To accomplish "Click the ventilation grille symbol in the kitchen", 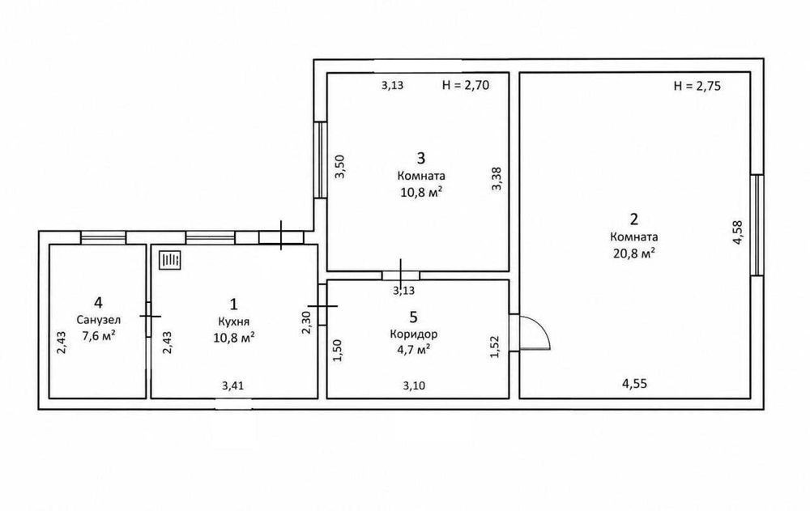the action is pyautogui.click(x=170, y=260).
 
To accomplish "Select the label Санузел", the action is pyautogui.click(x=99, y=320).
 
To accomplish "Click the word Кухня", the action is pyautogui.click(x=234, y=322).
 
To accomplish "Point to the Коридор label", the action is pyautogui.click(x=413, y=334).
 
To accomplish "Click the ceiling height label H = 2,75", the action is pyautogui.click(x=697, y=86).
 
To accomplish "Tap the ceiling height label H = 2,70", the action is pyautogui.click(x=466, y=85).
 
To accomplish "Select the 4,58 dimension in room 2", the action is pyautogui.click(x=738, y=232).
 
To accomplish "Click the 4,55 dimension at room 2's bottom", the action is pyautogui.click(x=634, y=383).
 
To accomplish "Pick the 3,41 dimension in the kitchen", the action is pyautogui.click(x=233, y=385).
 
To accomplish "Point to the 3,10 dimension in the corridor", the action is pyautogui.click(x=414, y=385).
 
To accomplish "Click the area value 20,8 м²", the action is pyautogui.click(x=634, y=253).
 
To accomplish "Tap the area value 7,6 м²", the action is pyautogui.click(x=99, y=336).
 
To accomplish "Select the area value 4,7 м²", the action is pyautogui.click(x=413, y=350).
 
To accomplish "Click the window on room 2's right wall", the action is pyautogui.click(x=757, y=225).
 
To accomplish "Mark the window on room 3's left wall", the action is pyautogui.click(x=321, y=160).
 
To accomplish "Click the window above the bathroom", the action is pyautogui.click(x=104, y=237).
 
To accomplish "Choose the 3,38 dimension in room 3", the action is pyautogui.click(x=497, y=179).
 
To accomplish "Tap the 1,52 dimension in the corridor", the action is pyautogui.click(x=494, y=347).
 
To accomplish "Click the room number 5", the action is pyautogui.click(x=413, y=316).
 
